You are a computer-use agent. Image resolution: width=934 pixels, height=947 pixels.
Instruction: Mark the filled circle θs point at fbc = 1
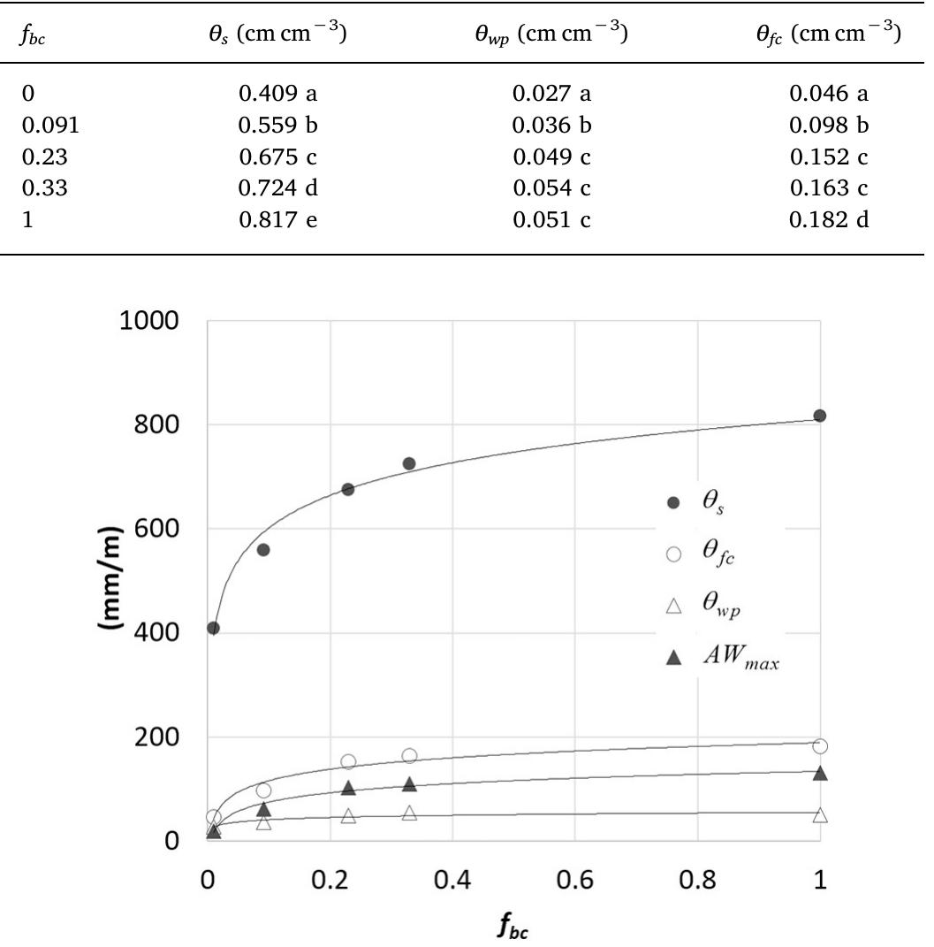tap(820, 416)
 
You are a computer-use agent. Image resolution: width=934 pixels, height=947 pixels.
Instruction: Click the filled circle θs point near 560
tap(262, 550)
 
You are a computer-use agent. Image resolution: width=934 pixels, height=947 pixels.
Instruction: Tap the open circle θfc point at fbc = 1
tap(820, 746)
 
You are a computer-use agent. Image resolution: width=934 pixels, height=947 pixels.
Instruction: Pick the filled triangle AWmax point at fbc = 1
tap(820, 773)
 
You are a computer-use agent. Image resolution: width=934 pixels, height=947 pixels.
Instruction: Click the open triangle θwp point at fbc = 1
tap(820, 815)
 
